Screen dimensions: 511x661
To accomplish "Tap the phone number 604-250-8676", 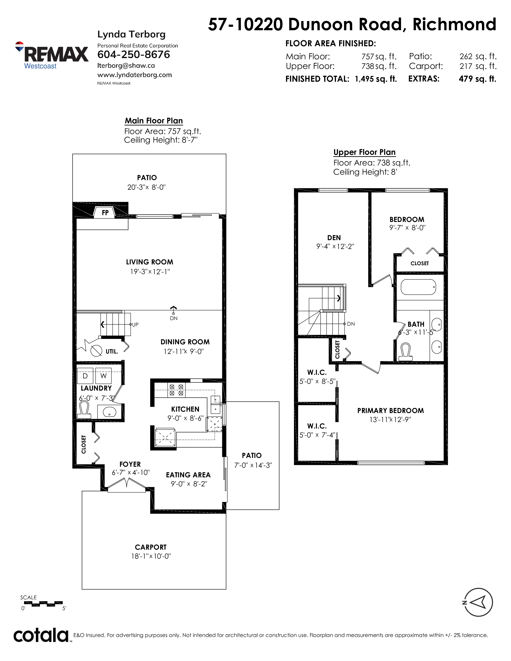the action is click(133, 55).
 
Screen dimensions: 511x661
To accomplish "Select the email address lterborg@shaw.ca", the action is click(126, 66).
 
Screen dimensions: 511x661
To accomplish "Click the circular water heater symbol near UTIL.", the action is click(96, 351).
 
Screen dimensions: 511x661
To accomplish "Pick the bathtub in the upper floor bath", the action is click(418, 287).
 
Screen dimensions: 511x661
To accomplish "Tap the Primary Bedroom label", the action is click(391, 411).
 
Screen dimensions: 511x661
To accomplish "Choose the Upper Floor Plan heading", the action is click(365, 152).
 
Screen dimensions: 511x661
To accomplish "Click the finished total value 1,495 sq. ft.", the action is click(376, 79).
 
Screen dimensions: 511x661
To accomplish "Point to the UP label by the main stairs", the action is click(135, 325).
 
